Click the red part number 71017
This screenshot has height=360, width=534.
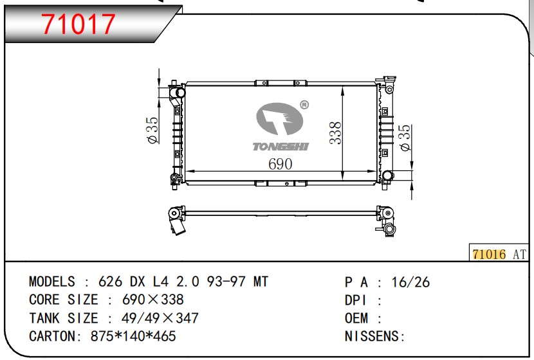(x=78, y=24)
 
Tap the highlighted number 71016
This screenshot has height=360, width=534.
(x=489, y=254)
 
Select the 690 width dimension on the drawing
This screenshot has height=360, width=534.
(x=280, y=164)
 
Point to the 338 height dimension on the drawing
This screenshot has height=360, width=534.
(x=335, y=132)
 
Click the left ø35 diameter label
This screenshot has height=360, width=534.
(x=152, y=130)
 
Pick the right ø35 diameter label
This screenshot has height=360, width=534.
(x=405, y=138)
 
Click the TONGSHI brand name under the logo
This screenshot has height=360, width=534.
(x=281, y=147)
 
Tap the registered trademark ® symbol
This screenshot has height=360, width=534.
(x=304, y=105)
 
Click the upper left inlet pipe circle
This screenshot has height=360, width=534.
(x=179, y=93)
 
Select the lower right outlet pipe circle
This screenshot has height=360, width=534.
(x=387, y=175)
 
